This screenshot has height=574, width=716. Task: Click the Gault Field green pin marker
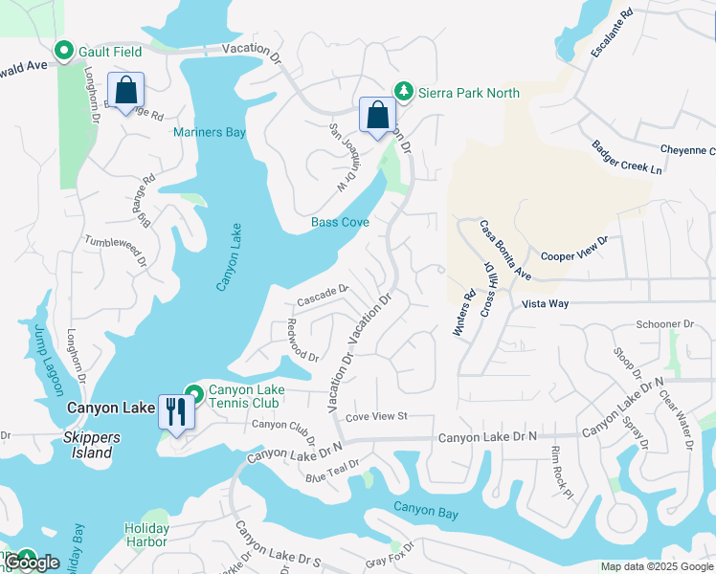click(65, 51)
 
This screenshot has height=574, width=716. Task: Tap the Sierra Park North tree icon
click(404, 92)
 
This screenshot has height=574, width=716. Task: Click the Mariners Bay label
click(210, 132)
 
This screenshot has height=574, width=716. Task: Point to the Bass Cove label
click(340, 222)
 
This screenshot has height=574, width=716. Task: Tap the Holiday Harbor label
click(146, 535)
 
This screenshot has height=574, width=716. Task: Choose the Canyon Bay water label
click(426, 513)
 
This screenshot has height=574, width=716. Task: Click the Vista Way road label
click(545, 303)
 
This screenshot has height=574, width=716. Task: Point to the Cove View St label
click(376, 416)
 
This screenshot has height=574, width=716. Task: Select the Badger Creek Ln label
click(626, 158)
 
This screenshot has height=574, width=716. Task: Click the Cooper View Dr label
click(574, 249)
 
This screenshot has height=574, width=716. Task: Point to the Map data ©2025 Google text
click(656, 566)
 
